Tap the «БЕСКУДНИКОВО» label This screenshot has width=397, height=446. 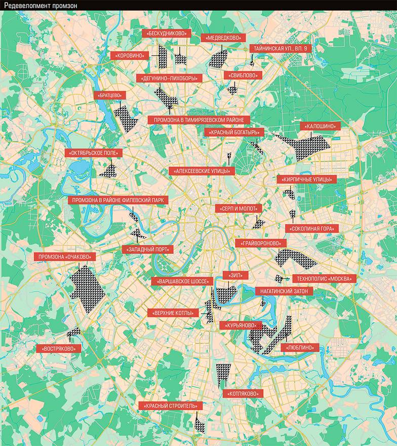tap(166, 34)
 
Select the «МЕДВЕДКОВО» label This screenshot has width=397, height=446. tap(223, 38)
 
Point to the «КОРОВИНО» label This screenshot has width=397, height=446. tap(130, 56)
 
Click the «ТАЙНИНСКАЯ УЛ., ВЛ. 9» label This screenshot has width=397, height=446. tap(282, 48)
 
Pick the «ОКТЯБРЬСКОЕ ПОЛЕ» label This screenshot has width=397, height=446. tap(94, 152)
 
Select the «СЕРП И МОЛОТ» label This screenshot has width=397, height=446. tap(239, 208)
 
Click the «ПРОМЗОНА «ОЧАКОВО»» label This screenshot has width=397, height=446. tap(67, 257)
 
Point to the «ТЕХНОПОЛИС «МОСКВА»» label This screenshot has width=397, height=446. tap(324, 279)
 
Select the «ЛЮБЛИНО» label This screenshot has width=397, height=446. tap(299, 348)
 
